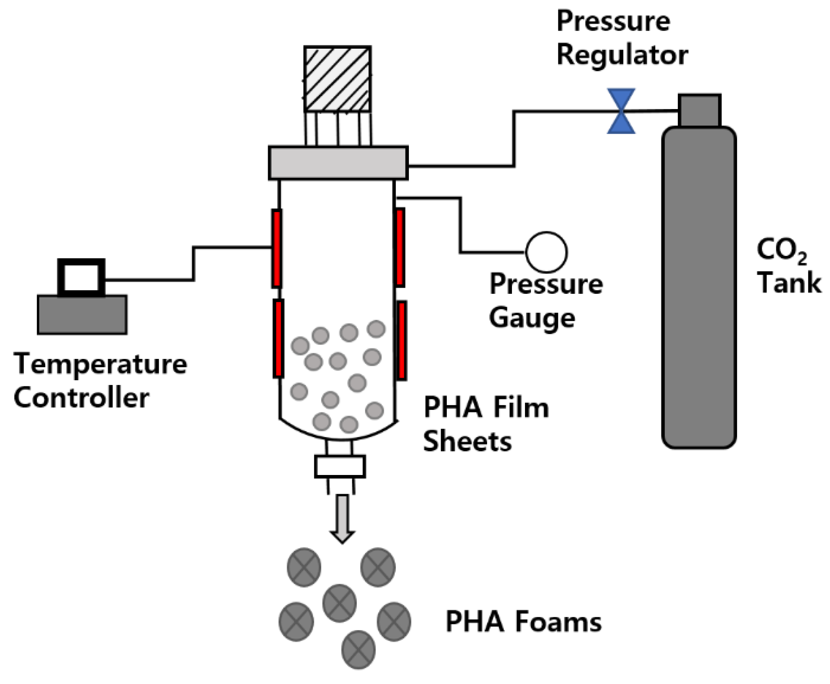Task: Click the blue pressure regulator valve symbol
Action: [621, 111]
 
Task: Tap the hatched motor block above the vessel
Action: [337, 79]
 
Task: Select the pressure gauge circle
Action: [546, 252]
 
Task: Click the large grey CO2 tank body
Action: [698, 287]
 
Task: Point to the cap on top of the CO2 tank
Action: [699, 110]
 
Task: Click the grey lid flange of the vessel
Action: [338, 163]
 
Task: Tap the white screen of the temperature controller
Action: [81, 277]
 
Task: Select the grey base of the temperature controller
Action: [82, 314]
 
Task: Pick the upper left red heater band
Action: [276, 248]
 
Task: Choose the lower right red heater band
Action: [402, 340]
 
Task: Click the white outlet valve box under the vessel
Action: [339, 466]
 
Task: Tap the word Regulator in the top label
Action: [622, 56]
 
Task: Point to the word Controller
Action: [81, 397]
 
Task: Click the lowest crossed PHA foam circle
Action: [358, 649]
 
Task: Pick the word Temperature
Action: [100, 364]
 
